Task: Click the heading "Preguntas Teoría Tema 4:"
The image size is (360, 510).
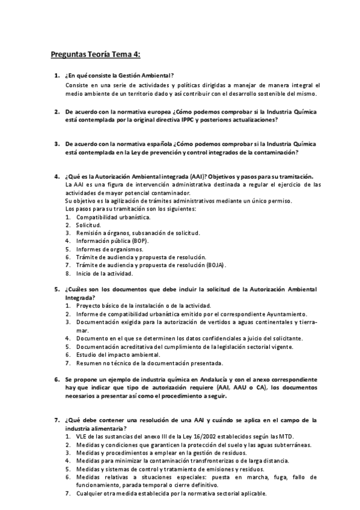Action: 95,55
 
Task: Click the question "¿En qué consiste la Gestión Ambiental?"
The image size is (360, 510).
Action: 119,76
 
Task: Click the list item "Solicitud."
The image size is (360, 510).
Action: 88,224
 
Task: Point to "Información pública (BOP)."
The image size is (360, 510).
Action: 113,241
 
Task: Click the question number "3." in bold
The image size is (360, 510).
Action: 56,144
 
